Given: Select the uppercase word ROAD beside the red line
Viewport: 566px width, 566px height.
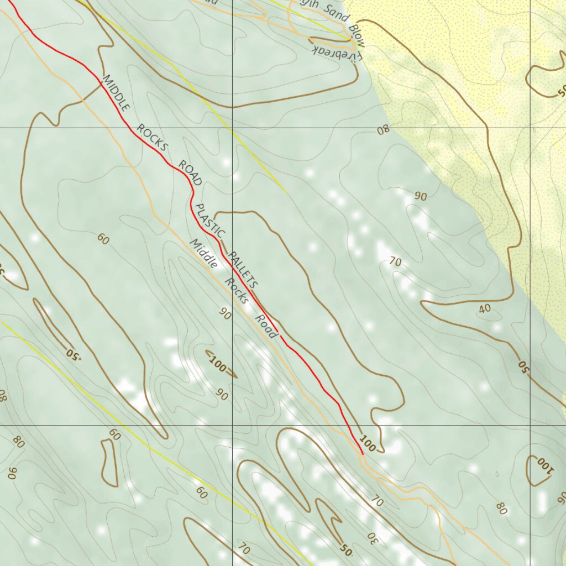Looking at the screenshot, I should click(x=190, y=172).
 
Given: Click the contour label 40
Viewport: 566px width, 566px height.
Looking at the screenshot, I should click(x=485, y=308).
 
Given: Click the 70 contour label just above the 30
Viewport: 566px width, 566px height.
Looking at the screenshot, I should click(x=377, y=501).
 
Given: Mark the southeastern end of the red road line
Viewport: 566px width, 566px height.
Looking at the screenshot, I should click(x=362, y=453).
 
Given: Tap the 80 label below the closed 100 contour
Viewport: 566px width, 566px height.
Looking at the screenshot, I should click(x=502, y=508).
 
